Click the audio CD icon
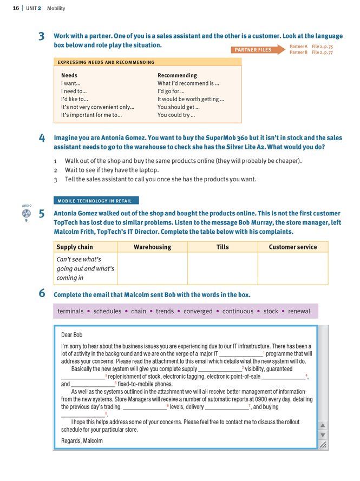tap(27, 214)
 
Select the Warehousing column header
tap(152, 247)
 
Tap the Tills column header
tap(222, 247)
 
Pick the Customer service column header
tap(292, 247)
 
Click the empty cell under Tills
tap(222, 268)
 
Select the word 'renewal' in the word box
tap(299, 311)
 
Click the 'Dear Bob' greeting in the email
tap(72, 335)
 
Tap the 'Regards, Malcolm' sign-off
tap(82, 440)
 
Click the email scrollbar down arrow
tap(323, 435)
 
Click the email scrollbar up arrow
tap(323, 425)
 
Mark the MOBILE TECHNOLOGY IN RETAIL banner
tap(96, 201)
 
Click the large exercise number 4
tap(42, 138)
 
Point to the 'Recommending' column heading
tap(177, 75)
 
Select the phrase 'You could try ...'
tap(176, 115)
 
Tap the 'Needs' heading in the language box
tap(69, 75)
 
